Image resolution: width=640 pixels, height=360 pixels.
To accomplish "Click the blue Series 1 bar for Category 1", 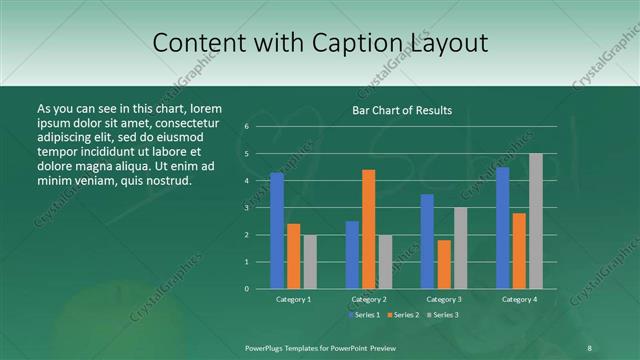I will (277, 230).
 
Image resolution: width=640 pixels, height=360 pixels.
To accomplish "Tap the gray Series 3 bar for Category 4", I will (535, 221).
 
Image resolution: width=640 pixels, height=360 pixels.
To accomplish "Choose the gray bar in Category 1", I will (310, 261).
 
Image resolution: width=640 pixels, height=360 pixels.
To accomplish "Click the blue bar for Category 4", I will (502, 227).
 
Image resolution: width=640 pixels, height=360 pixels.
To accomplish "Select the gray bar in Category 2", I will (385, 261).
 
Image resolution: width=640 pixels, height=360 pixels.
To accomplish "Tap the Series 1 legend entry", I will (365, 315).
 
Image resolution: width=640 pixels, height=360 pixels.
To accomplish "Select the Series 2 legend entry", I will (404, 315).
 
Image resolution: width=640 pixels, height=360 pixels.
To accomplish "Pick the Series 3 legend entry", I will (443, 315).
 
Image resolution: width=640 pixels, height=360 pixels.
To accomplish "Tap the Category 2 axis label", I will (368, 299).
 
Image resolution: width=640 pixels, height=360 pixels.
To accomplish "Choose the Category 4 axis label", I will (518, 299).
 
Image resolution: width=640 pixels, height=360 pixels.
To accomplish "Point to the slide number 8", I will (589, 347).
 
